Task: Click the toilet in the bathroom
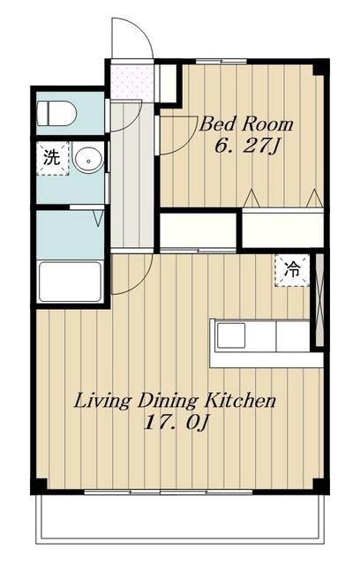click(x=56, y=113)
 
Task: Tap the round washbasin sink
click(x=88, y=159)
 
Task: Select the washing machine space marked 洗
click(x=52, y=158)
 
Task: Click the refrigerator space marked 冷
click(x=292, y=270)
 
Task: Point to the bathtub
click(x=70, y=282)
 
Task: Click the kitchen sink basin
click(x=231, y=335)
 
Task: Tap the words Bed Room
click(x=246, y=124)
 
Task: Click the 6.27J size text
click(x=247, y=147)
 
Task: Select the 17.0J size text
click(x=176, y=423)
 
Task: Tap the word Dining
click(x=168, y=402)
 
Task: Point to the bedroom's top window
click(x=221, y=61)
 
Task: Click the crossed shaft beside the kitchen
click(x=319, y=300)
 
